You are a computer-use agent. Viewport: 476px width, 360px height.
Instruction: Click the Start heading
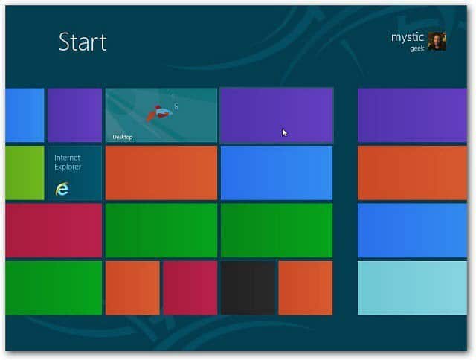click(83, 42)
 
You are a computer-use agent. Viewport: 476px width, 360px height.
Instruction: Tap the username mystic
click(408, 37)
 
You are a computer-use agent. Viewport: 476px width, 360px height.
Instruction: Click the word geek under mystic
click(416, 48)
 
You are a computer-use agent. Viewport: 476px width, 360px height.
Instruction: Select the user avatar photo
click(437, 42)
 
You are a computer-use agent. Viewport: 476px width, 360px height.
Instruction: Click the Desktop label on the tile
click(122, 137)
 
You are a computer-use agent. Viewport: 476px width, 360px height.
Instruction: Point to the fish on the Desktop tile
click(158, 113)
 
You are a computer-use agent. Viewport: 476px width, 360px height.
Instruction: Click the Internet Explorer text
click(68, 162)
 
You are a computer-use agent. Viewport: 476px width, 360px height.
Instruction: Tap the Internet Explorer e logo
click(62, 189)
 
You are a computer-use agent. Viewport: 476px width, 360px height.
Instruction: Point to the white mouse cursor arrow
click(284, 133)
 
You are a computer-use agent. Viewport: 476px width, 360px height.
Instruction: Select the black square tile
click(248, 288)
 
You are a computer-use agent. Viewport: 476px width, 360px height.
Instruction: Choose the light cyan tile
click(412, 288)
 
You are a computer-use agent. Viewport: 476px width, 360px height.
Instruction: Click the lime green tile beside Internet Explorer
click(25, 173)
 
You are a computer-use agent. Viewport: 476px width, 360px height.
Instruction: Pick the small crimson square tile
click(190, 288)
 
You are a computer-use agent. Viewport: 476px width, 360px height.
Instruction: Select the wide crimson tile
click(54, 231)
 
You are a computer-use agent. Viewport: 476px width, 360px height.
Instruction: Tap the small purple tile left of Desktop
click(74, 115)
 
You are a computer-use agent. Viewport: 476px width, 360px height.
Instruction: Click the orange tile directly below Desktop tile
click(161, 173)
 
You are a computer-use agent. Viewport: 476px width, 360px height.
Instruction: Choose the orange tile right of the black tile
click(306, 288)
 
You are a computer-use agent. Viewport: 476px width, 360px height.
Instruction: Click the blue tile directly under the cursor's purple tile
click(277, 173)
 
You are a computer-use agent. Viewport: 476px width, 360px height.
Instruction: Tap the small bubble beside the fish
click(176, 106)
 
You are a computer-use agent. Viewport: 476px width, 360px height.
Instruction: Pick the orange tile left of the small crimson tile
click(132, 288)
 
